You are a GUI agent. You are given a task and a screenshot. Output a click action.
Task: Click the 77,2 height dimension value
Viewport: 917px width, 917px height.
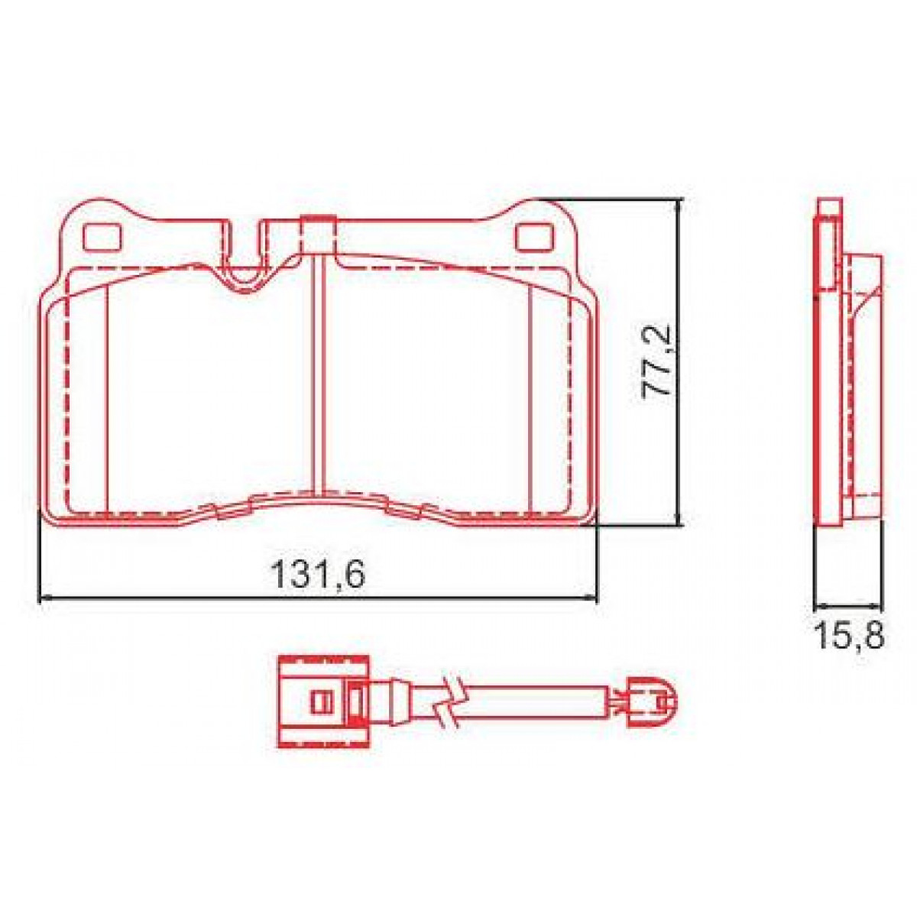(656, 360)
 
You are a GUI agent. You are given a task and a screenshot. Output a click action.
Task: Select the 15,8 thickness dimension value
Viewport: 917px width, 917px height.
(850, 635)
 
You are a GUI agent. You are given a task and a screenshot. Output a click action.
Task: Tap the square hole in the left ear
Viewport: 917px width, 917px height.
(102, 238)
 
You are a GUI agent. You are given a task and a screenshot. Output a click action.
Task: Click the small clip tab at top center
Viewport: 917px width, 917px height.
(317, 234)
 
